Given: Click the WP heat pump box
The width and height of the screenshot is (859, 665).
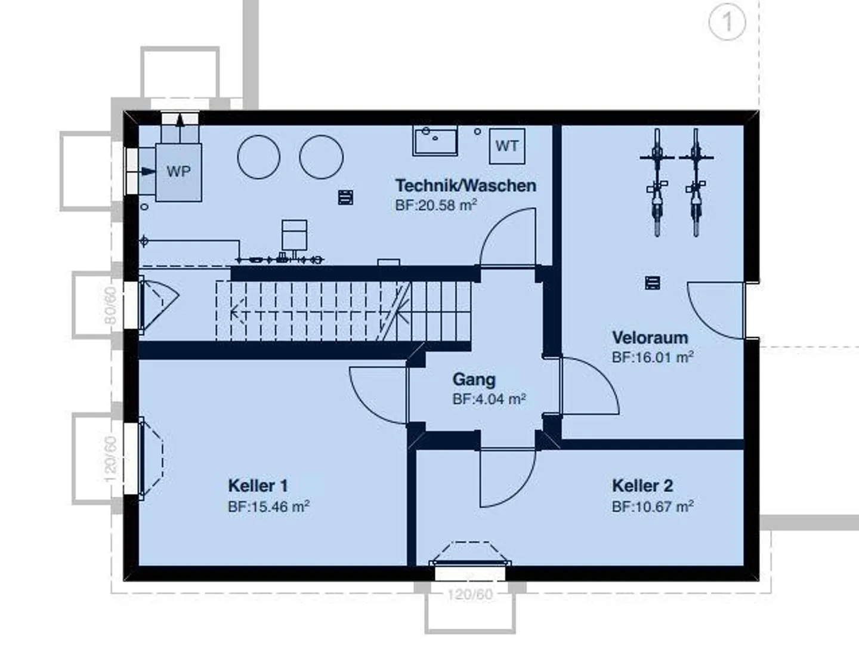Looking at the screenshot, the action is [179, 172].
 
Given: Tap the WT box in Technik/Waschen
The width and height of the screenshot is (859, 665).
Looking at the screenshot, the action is [507, 146].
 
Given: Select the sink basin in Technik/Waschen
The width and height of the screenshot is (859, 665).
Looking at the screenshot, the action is [435, 141].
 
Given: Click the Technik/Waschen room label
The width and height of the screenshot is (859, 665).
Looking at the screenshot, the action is [466, 185].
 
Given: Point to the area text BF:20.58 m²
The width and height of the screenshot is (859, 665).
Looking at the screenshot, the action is [436, 205].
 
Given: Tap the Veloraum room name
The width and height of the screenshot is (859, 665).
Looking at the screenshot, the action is [650, 338].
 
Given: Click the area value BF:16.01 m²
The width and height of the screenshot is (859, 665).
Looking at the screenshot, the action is [653, 357].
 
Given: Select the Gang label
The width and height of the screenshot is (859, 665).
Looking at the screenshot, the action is [474, 379].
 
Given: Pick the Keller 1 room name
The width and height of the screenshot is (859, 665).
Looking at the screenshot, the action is [258, 486].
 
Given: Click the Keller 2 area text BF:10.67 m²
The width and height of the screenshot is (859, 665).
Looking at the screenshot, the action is [653, 506].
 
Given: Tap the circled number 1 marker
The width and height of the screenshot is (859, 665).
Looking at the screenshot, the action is [727, 22].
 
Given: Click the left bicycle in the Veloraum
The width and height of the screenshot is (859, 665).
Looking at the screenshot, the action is [657, 182].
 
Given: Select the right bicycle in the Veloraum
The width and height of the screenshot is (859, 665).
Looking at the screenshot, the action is [696, 182].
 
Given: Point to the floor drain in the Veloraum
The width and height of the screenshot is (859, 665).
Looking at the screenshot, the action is [652, 283].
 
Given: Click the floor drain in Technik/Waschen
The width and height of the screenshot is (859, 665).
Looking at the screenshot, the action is [345, 197].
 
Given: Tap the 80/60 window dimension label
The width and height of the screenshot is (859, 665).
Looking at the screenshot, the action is [111, 305].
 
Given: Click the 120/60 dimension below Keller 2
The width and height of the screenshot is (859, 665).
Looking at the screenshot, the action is [470, 594].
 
